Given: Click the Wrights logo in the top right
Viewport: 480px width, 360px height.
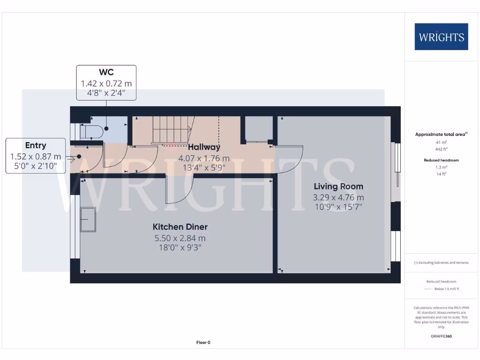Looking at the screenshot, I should coord(441,37).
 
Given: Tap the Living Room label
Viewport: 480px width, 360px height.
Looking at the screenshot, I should coord(338,187).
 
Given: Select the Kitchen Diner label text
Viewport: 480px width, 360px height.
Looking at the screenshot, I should coord(180,227).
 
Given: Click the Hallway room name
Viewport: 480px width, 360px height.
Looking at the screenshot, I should coord(204,147).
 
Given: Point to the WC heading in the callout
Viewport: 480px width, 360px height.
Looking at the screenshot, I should coord(106,72).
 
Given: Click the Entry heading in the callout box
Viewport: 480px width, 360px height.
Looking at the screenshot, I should coord(36,145).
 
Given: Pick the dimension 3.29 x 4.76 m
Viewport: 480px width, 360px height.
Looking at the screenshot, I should coord(338,197).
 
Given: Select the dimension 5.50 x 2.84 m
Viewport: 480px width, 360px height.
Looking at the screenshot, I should coord(180,238).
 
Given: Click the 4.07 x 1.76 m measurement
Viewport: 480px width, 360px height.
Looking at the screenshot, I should coord(204,158).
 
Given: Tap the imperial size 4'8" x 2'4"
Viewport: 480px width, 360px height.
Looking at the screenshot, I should coord(106,93).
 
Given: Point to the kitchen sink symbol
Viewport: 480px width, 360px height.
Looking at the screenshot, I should coord(88,219).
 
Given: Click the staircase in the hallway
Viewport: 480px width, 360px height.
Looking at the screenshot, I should coord(171,130).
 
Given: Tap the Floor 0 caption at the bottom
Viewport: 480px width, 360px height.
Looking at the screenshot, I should coord(203,343).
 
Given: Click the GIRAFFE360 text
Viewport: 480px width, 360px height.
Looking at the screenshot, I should coord(441,336).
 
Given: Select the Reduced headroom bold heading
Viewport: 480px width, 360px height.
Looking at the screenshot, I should coord(441,160).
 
